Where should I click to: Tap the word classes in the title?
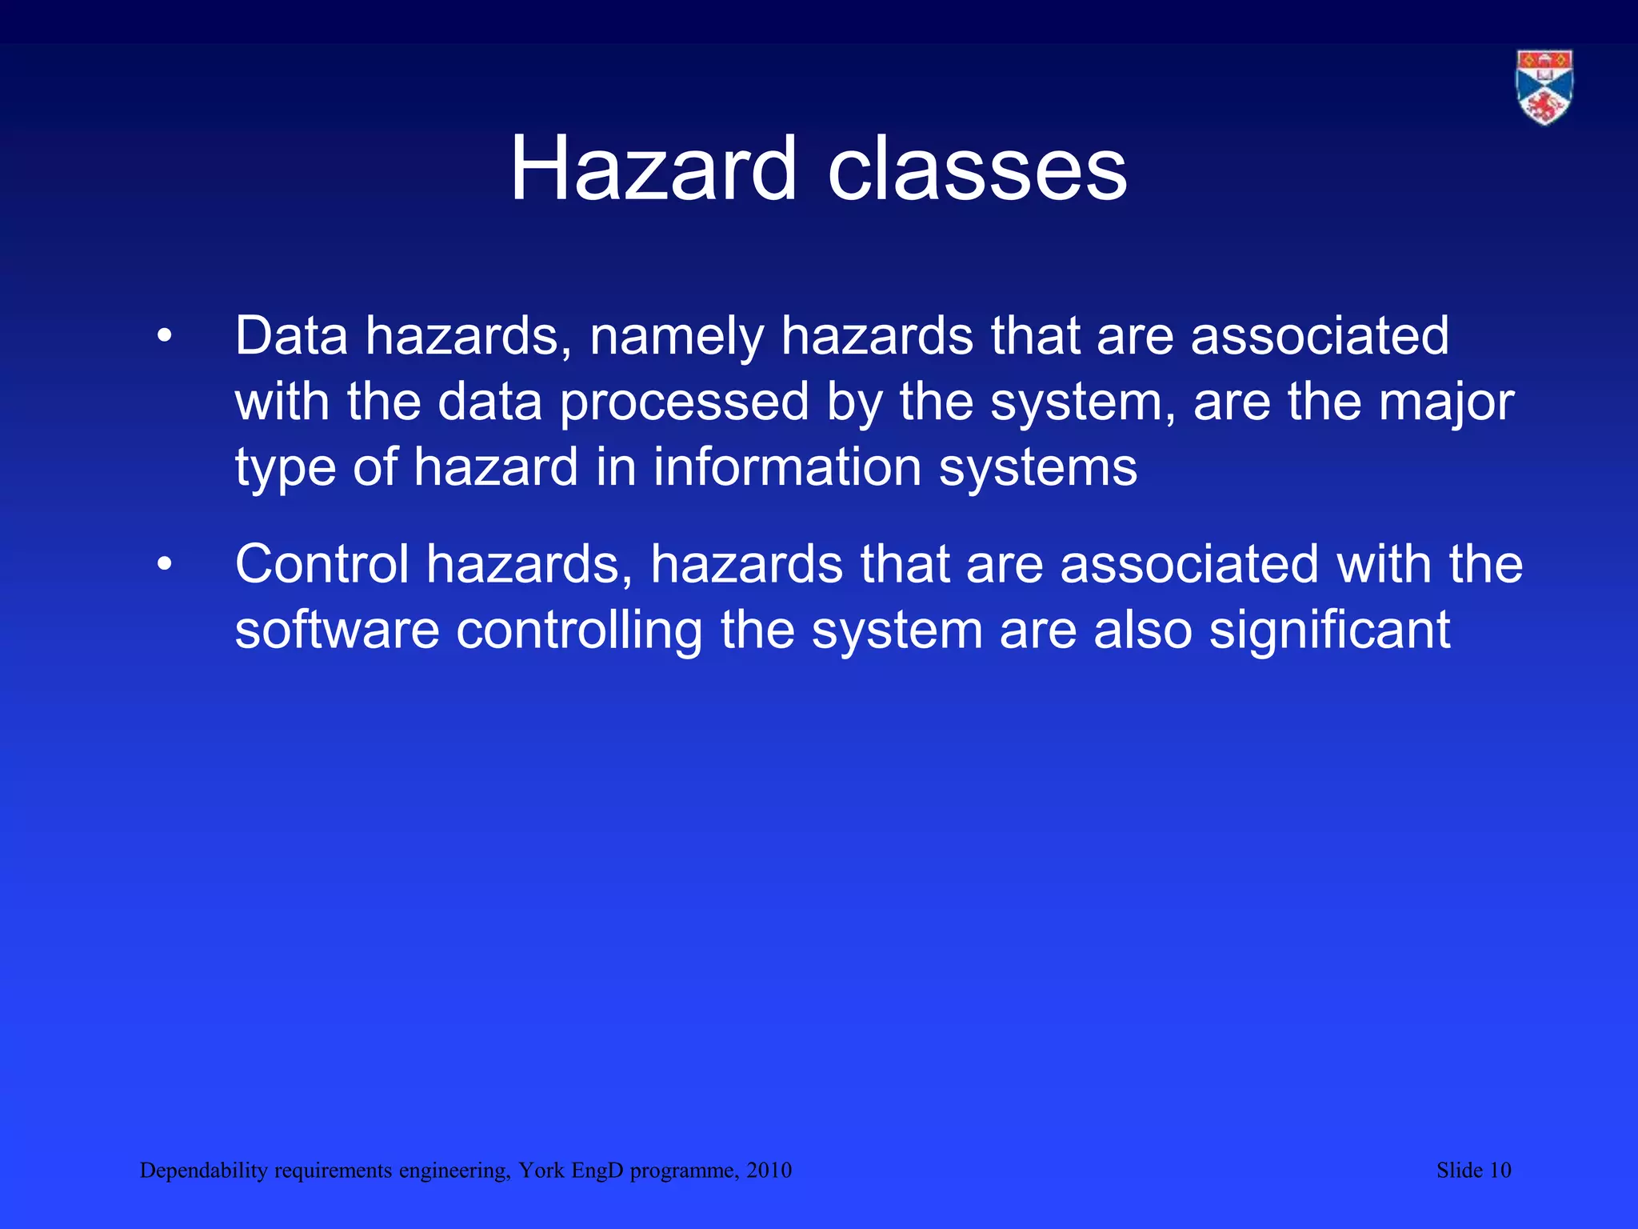[977, 170]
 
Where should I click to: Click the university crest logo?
[1544, 87]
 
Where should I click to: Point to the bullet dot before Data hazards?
[165, 336]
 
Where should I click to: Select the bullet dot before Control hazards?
[165, 565]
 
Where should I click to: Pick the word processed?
[684, 402]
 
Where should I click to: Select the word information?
[787, 467]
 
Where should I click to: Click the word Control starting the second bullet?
[322, 565]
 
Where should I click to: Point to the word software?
[337, 631]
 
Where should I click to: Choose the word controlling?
[579, 631]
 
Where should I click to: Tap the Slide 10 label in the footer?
[1473, 1171]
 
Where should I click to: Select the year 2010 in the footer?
[769, 1171]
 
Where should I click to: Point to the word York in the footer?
[541, 1171]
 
